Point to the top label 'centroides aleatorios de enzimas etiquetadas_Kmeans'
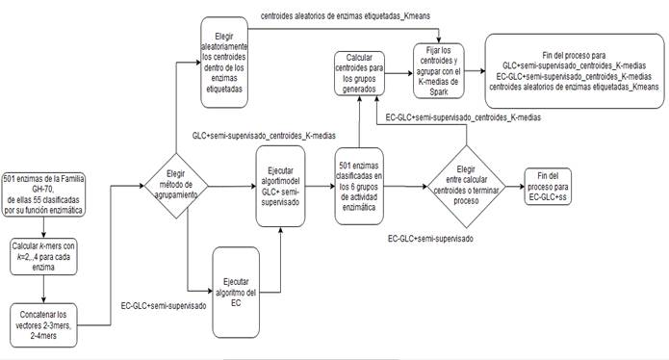click(357, 16)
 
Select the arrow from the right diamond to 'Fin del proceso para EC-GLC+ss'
click(510, 182)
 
